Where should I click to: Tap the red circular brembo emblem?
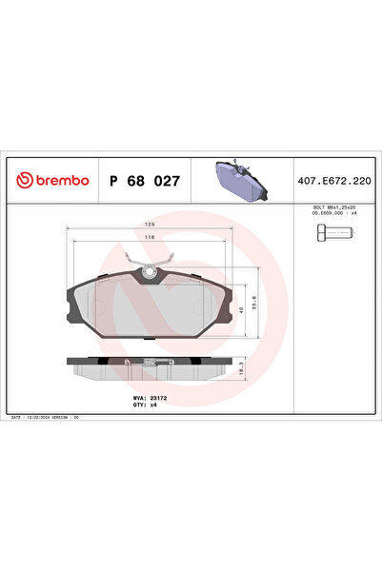(x=21, y=179)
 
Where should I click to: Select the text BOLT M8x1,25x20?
(x=332, y=207)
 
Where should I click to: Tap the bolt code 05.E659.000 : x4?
(x=332, y=214)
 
